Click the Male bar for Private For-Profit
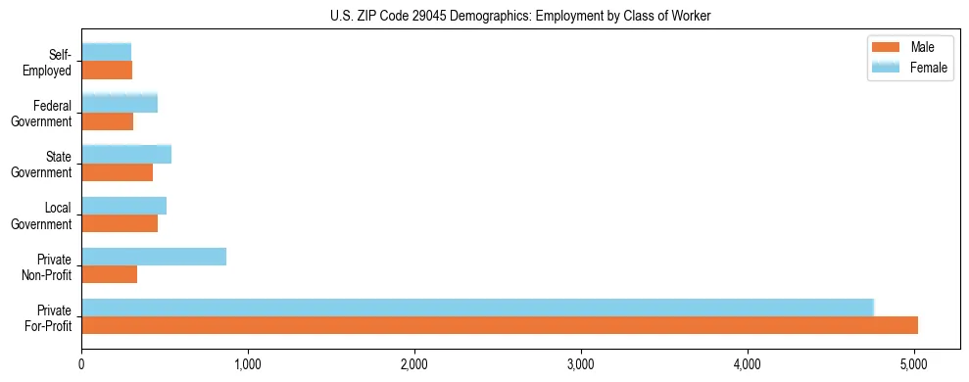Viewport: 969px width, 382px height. pyautogui.click(x=500, y=325)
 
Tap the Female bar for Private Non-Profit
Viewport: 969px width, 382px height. pyautogui.click(x=154, y=257)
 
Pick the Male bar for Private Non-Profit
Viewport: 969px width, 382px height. pyautogui.click(x=110, y=274)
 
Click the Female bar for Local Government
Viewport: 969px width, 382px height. pyautogui.click(x=124, y=206)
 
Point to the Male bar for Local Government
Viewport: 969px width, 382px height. pyautogui.click(x=120, y=223)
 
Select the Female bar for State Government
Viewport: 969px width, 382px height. pyautogui.click(x=126, y=154)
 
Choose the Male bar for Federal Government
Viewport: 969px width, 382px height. pyautogui.click(x=108, y=121)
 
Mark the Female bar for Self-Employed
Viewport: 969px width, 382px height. pyautogui.click(x=107, y=52)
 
